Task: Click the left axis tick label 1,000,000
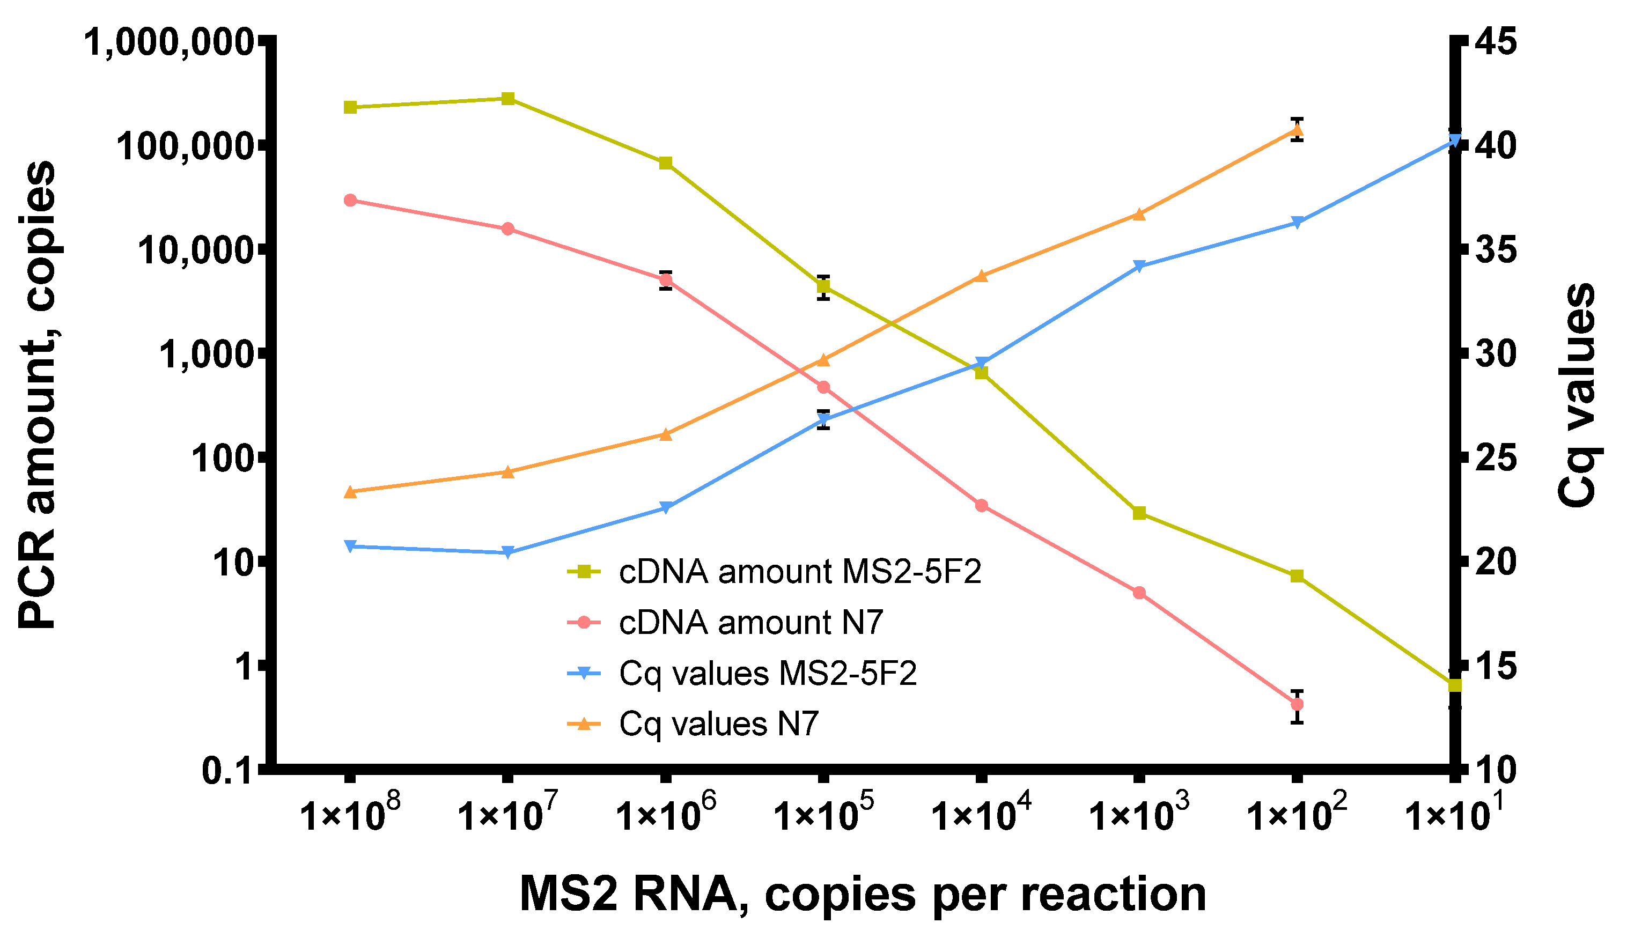click(x=168, y=43)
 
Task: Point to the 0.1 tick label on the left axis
click(x=227, y=771)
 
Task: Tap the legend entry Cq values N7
click(x=718, y=723)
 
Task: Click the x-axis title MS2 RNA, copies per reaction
click(x=863, y=894)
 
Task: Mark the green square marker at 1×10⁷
click(x=508, y=99)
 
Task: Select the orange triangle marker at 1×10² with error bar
click(x=1298, y=130)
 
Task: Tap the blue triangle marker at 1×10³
click(x=1139, y=266)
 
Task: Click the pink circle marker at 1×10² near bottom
click(x=1298, y=704)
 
